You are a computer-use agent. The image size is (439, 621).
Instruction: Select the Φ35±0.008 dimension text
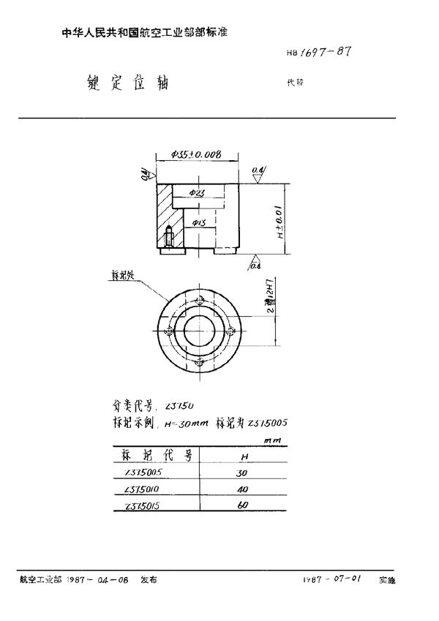click(x=195, y=155)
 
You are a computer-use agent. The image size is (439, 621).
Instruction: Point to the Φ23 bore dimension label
click(x=196, y=192)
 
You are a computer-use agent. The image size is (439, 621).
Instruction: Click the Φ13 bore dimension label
click(x=197, y=222)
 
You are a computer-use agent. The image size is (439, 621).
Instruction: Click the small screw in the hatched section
click(x=169, y=238)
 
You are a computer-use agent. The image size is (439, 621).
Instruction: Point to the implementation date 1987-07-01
click(x=332, y=579)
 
